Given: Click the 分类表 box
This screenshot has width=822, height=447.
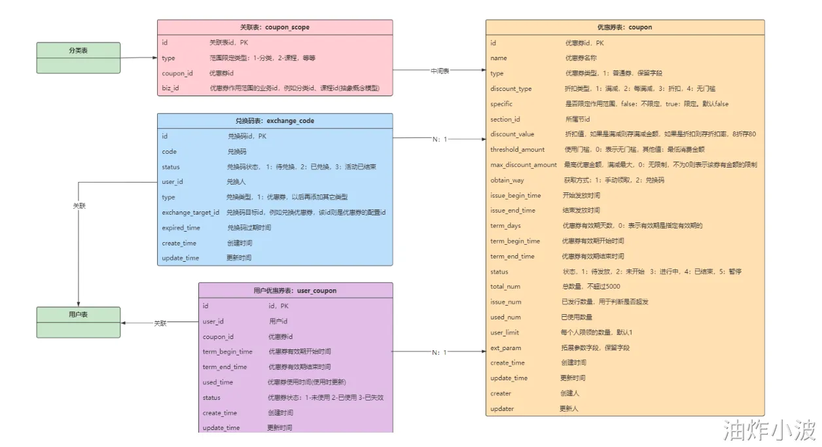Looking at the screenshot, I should pyautogui.click(x=78, y=50).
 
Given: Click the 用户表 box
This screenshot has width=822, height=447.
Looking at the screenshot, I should pyautogui.click(x=78, y=315).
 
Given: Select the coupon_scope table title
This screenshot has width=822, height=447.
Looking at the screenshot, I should pyautogui.click(x=275, y=27).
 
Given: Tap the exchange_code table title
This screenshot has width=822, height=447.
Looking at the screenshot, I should pyautogui.click(x=275, y=121).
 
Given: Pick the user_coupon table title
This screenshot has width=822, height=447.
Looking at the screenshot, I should pyautogui.click(x=295, y=291).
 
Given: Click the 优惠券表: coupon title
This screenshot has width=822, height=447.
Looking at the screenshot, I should pyautogui.click(x=625, y=27).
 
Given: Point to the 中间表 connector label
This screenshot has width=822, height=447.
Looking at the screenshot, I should pyautogui.click(x=439, y=70).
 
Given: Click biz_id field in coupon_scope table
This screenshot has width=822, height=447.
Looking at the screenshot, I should pyautogui.click(x=171, y=88).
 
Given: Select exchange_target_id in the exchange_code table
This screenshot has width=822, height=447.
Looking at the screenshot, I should pyautogui.click(x=190, y=213).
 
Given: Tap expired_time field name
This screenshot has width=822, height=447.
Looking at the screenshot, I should pyautogui.click(x=181, y=228).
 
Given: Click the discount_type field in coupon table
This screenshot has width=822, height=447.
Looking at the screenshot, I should pyautogui.click(x=511, y=89).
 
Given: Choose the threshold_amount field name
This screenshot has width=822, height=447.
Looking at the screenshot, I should pyautogui.click(x=518, y=150).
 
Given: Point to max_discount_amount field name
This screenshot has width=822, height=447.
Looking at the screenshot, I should pyautogui.click(x=524, y=165).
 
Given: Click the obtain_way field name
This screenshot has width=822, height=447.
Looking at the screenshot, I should pyautogui.click(x=507, y=180).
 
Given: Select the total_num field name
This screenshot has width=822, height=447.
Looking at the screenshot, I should pyautogui.click(x=506, y=287).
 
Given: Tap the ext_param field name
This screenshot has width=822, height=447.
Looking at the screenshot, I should pyautogui.click(x=506, y=348).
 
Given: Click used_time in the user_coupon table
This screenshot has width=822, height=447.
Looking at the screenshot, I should pyautogui.click(x=218, y=382).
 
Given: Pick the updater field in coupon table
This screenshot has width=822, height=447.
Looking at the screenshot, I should pyautogui.click(x=502, y=408).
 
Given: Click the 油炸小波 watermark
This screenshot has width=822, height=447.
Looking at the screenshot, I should pyautogui.click(x=769, y=430).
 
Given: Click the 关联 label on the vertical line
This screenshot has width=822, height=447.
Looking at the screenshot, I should pyautogui.click(x=79, y=206).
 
